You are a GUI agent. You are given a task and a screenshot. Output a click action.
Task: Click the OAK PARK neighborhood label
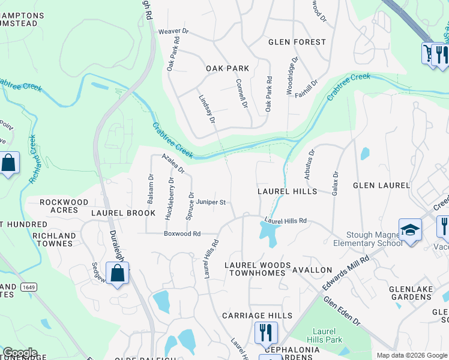pyautogui.click(x=228, y=68)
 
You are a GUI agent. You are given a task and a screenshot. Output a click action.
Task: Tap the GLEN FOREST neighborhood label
pyautogui.click(x=297, y=42)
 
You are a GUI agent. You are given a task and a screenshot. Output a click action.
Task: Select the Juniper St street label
pyautogui.click(x=211, y=203)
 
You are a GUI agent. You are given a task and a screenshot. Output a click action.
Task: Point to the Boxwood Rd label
pyautogui.click(x=182, y=233)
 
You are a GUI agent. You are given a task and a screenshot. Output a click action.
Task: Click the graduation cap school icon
pyautogui.click(x=411, y=231)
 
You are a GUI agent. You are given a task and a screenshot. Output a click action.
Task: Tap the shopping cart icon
pyautogui.click(x=428, y=53)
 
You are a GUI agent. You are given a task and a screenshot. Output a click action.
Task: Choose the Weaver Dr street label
pyautogui.click(x=173, y=31)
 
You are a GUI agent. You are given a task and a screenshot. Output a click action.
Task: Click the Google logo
pyautogui.click(x=20, y=353)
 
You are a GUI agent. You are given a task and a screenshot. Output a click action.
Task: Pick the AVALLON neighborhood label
pyautogui.click(x=312, y=270)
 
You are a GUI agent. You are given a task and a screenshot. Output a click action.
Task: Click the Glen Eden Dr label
pyautogui.click(x=342, y=311)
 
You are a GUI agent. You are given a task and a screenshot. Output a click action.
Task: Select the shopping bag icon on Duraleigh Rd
pyautogui.click(x=118, y=274)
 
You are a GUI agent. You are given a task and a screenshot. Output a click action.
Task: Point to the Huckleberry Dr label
pyautogui.click(x=171, y=197)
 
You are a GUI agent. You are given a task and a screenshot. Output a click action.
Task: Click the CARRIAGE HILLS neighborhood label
pyautogui.click(x=257, y=316)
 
